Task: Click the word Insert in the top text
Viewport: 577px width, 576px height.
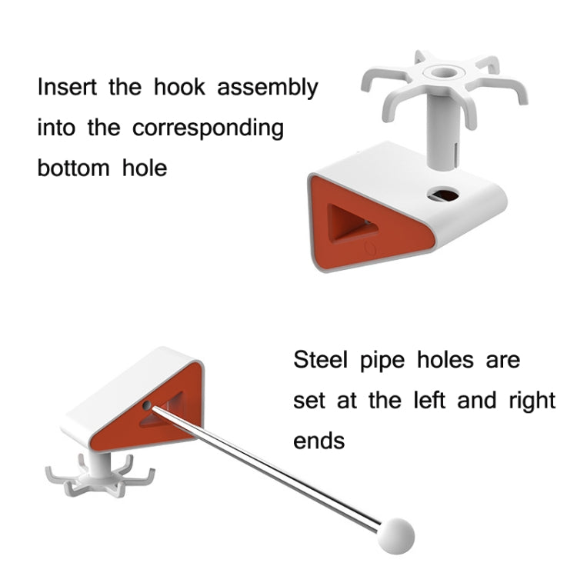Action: pos(68,87)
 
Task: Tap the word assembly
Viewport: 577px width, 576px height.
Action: pos(268,88)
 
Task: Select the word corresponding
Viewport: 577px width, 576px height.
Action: pos(208,129)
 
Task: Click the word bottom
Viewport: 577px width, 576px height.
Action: pos(74,168)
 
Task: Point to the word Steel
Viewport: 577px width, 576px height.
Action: pos(320,359)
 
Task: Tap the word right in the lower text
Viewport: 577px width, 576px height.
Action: pos(532,401)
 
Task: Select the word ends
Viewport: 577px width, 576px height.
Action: pos(319,441)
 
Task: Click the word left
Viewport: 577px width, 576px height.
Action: pos(429,400)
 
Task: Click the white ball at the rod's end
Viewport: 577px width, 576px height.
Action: pos(396,536)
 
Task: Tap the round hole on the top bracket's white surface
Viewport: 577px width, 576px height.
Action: pos(443,195)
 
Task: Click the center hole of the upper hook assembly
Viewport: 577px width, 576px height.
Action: pos(443,72)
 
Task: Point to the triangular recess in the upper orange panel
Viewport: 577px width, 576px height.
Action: pos(349,224)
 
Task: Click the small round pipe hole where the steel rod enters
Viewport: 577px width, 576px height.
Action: pos(146,406)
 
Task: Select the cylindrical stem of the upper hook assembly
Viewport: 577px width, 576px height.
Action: pos(442,131)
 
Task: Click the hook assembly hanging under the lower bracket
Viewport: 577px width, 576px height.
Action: pos(100,475)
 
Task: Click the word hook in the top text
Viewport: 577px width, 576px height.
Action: pos(179,87)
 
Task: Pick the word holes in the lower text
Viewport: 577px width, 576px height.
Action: pos(445,359)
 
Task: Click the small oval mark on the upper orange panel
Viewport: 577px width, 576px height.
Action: pos(371,248)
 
